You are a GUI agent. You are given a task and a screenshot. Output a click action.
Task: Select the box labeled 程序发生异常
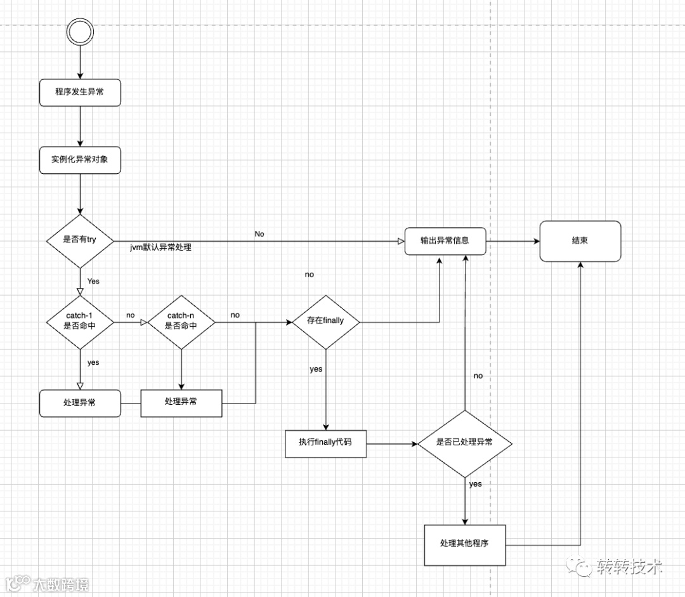[80, 93]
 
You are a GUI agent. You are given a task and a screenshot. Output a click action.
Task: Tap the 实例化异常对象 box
[80, 159]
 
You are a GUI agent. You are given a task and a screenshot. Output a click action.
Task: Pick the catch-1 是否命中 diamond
[80, 321]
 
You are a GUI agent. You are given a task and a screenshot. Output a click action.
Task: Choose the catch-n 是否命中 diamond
[181, 321]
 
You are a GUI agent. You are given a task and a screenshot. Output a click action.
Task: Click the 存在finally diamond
[325, 321]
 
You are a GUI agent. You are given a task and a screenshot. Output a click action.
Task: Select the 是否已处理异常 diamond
[465, 442]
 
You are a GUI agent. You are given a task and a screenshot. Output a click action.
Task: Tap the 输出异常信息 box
[445, 240]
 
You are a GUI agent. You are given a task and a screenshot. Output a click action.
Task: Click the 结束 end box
[580, 240]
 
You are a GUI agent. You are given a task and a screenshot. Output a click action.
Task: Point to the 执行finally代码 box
[326, 443]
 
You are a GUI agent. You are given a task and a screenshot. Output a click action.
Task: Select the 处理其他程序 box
[465, 544]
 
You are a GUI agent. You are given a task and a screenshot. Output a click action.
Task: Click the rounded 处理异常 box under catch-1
[80, 403]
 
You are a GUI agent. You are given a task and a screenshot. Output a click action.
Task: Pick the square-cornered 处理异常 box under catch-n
[181, 402]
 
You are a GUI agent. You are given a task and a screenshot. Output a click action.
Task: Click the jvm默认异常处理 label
[160, 247]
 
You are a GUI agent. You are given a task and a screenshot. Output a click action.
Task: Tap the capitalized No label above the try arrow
[259, 233]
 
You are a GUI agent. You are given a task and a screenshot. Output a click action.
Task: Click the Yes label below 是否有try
[93, 280]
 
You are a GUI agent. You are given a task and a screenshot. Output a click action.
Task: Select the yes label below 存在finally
[316, 369]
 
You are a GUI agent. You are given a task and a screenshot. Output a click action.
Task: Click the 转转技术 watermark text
[629, 567]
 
